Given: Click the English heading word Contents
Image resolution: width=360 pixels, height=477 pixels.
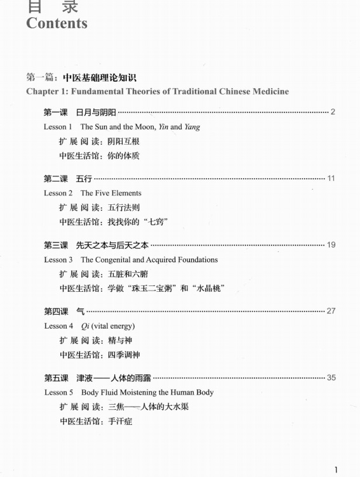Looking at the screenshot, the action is (57, 23).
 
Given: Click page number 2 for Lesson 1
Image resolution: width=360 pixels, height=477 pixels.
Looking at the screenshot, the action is (333, 112).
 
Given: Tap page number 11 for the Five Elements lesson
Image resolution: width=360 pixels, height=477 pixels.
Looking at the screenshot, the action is (331, 178).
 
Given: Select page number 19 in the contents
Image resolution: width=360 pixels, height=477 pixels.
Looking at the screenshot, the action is (331, 245).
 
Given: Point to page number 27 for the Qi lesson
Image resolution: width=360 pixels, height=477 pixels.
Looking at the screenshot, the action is (331, 311).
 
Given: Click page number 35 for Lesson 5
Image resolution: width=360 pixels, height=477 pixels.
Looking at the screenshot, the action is (331, 377).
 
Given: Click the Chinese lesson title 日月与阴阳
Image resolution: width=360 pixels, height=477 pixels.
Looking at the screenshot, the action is (96, 112).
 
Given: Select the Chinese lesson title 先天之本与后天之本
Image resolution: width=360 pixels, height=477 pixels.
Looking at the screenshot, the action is (112, 245).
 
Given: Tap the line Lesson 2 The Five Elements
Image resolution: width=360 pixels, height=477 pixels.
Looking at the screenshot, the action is (93, 193).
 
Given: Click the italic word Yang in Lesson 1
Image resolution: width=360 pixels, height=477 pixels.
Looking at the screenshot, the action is (192, 127).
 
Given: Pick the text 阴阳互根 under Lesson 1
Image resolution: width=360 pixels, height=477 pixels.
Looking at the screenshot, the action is (116, 141).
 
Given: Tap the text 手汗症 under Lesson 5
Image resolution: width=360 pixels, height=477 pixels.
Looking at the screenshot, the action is (120, 421).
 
